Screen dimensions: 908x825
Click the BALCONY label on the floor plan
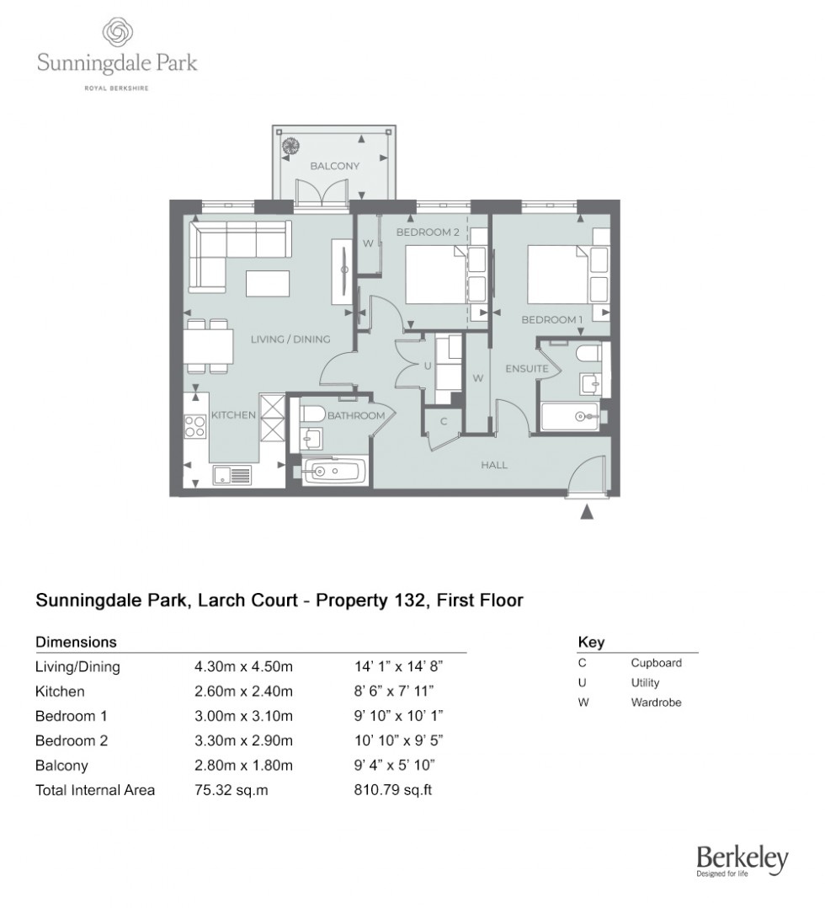(x=334, y=166)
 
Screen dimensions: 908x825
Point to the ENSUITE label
(x=527, y=369)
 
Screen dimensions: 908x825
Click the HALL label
(x=494, y=464)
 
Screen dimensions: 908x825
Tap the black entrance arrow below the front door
(x=588, y=510)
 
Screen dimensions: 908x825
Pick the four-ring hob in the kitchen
(x=195, y=427)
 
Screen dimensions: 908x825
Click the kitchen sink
(x=232, y=476)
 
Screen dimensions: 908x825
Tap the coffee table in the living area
(x=268, y=283)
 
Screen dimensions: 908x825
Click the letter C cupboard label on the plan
(x=444, y=421)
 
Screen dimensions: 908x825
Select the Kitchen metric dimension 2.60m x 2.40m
(x=243, y=692)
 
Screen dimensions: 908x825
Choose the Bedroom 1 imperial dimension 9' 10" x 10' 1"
(x=399, y=717)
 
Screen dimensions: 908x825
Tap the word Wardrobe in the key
(x=656, y=702)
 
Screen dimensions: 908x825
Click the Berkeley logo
(x=742, y=861)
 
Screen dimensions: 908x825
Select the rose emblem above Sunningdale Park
(x=117, y=34)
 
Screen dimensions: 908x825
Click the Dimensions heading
(x=76, y=642)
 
